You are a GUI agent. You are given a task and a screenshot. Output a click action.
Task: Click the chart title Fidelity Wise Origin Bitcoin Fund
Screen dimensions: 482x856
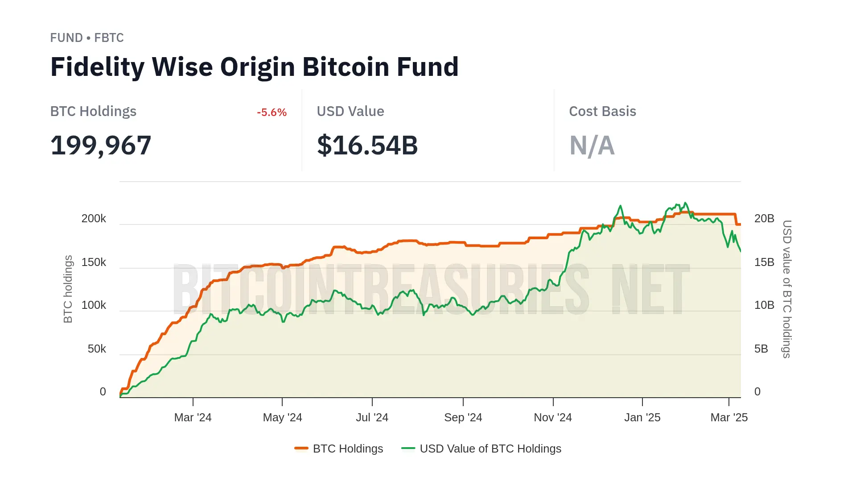coord(254,67)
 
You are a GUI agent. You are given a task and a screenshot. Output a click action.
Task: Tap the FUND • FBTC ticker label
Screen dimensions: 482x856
coord(87,38)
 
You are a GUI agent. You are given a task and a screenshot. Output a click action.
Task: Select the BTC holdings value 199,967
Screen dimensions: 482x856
coord(101,145)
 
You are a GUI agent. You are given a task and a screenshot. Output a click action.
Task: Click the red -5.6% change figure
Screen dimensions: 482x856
coord(272,112)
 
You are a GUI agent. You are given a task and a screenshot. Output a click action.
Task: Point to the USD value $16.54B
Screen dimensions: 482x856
coord(367,145)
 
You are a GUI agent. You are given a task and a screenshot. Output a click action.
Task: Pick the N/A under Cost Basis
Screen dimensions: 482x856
coord(592,145)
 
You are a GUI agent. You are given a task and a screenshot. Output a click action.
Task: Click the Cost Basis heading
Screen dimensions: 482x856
coord(602,111)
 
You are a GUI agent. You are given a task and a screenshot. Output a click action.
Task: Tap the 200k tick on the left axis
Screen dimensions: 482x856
coord(94,219)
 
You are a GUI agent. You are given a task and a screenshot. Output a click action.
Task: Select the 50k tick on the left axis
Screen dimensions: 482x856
coord(97,349)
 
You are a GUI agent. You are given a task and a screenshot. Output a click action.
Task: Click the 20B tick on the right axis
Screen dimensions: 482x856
coord(764,219)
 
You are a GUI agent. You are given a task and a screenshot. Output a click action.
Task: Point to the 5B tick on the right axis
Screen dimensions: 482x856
coord(761,349)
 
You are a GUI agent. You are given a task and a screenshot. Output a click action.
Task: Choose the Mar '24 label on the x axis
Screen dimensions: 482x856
coord(193,418)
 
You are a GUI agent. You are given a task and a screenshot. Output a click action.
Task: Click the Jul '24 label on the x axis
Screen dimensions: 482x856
coord(372,418)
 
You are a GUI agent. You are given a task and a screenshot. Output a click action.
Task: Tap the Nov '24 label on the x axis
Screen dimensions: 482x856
coord(553,418)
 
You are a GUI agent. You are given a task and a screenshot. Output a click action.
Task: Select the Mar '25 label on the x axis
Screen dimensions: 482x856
coord(729,418)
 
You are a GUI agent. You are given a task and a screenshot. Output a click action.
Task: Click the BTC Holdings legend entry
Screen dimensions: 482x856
coord(339,449)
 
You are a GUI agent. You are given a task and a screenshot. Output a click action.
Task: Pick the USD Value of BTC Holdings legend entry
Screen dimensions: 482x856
coord(481,449)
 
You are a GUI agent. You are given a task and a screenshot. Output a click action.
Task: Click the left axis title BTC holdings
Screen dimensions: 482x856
coord(68,289)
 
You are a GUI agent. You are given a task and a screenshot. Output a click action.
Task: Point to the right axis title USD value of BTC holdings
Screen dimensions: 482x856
coord(787,289)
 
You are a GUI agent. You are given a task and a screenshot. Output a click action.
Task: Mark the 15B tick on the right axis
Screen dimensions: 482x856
coord(764,262)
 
